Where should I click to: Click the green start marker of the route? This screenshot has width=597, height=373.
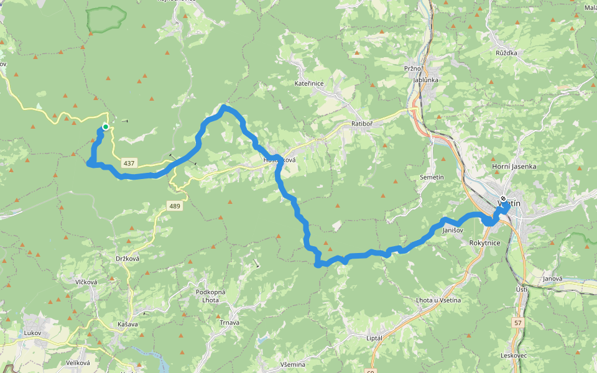point(106,127)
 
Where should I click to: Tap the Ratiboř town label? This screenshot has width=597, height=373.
point(361,123)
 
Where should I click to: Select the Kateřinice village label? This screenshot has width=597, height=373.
point(310,83)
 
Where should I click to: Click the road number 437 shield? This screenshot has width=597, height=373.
point(129,163)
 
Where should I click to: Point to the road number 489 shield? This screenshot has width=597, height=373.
point(175,205)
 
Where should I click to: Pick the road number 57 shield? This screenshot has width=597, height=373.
point(518,323)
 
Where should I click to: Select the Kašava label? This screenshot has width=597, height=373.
point(127,325)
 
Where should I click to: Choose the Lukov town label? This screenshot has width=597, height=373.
point(32,333)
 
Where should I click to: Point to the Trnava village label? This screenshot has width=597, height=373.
point(229,323)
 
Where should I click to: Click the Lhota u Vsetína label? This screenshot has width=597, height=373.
point(438,300)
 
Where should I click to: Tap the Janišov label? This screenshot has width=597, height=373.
point(453,231)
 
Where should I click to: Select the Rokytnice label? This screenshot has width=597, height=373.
point(485,243)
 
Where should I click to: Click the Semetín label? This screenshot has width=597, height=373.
point(432,178)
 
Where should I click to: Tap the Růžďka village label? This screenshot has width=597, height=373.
point(506,53)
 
